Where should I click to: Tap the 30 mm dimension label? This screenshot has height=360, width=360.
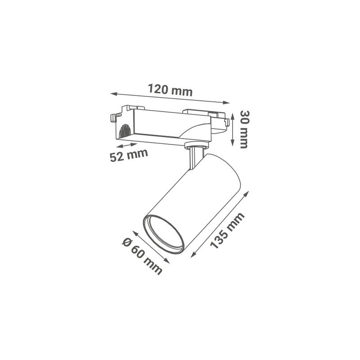243,129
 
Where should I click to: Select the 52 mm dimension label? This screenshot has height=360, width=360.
129,155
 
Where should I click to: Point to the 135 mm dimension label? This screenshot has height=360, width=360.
227,231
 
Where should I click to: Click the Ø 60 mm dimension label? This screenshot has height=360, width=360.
142,256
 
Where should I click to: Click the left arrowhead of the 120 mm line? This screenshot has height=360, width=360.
113,94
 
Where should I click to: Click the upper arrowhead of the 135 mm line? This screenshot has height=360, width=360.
246,194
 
